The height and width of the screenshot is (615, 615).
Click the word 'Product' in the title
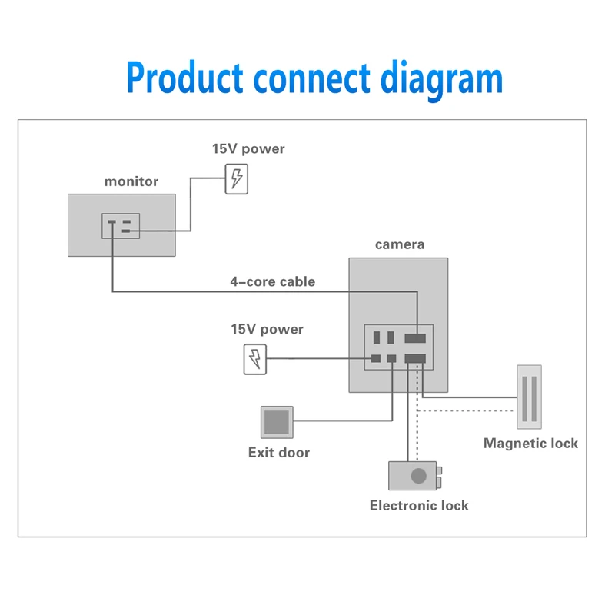(184, 78)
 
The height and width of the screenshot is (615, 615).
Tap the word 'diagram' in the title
(441, 80)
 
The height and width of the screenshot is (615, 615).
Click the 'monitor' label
(131, 181)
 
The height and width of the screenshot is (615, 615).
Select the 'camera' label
(400, 244)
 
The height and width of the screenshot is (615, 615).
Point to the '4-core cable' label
(273, 281)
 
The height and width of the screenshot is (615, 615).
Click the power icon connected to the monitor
(237, 179)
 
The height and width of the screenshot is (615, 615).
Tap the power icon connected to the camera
(255, 359)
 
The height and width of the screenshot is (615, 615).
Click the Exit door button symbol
(277, 422)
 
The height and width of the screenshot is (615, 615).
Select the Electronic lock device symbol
(415, 476)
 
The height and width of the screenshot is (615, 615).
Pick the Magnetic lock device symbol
(529, 397)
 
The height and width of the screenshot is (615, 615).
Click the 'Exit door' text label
(279, 453)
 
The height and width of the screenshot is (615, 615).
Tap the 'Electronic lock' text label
(419, 506)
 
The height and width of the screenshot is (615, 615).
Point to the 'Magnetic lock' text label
(530, 444)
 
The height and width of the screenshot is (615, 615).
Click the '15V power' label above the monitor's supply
(248, 149)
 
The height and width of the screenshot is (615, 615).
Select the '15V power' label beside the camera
(267, 330)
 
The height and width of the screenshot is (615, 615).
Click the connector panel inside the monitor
(121, 226)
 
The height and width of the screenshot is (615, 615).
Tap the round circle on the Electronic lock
(418, 476)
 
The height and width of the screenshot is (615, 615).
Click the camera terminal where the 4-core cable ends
(415, 337)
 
